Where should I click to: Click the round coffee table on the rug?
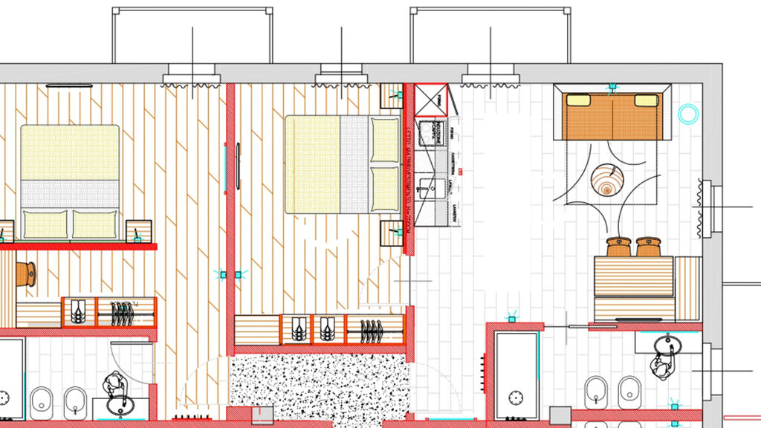click(x=607, y=180)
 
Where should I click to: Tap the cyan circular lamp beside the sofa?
click(x=689, y=114)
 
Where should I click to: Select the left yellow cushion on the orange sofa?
click(x=579, y=100)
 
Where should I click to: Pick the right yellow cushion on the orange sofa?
click(x=646, y=100)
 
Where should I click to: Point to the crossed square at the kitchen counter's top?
click(x=430, y=100)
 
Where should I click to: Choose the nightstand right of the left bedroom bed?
click(x=139, y=232)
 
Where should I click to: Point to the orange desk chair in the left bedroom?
click(x=28, y=273)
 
